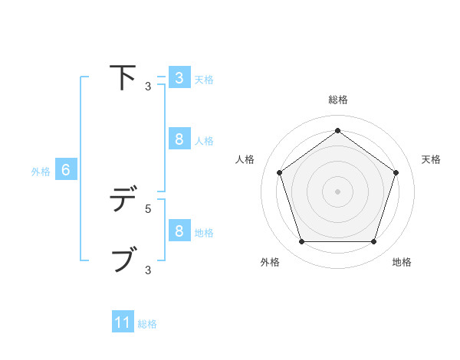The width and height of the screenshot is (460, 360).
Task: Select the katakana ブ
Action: tap(123, 260)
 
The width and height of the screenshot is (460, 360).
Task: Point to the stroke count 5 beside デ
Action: tap(148, 208)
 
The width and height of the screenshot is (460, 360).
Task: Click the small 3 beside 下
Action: tap(148, 87)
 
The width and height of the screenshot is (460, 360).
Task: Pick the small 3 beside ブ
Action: tap(148, 270)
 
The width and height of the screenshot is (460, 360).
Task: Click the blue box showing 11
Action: tap(123, 323)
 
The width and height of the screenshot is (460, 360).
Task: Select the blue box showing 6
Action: tap(66, 171)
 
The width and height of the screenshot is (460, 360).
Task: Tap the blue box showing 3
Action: tap(179, 78)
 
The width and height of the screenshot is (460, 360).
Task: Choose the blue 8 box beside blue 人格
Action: tap(179, 139)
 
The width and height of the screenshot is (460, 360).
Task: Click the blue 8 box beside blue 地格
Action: tap(179, 231)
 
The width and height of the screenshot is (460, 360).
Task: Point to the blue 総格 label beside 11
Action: tap(147, 324)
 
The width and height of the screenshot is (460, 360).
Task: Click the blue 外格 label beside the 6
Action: tap(41, 172)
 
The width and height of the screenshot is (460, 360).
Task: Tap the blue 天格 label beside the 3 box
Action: tap(204, 79)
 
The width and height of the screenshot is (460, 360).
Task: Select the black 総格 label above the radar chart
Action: tap(337, 100)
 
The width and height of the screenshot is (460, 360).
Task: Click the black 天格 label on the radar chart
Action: tap(431, 159)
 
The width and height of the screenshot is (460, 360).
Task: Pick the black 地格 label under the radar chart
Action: tap(402, 262)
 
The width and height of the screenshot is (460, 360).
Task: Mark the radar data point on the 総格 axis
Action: tap(337, 131)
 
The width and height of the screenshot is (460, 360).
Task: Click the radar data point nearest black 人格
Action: tap(279, 172)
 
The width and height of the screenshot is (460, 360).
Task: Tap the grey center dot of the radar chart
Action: tap(337, 191)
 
